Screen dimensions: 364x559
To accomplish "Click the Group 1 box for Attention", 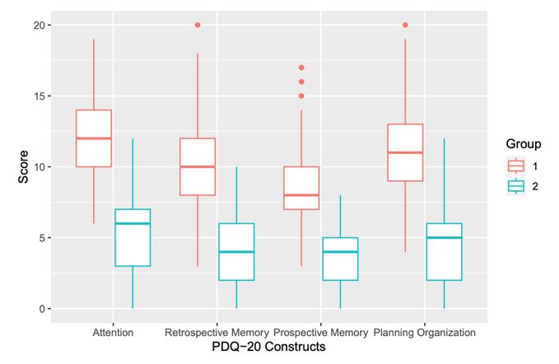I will (x=93, y=138).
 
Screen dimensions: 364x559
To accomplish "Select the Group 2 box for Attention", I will (x=132, y=237).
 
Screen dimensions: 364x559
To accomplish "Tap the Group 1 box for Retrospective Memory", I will (x=197, y=166).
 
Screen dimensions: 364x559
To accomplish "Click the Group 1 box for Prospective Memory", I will (x=300, y=188).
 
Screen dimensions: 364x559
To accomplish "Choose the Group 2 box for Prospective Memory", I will (x=340, y=259).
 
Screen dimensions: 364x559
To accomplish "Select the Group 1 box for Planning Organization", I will (x=405, y=152).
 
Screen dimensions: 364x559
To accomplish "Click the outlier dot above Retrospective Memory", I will (x=197, y=25).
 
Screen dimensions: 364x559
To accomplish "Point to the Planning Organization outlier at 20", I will (x=405, y=25).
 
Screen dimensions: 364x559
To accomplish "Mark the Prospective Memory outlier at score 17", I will (x=300, y=68).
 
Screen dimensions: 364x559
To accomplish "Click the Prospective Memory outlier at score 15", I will (x=300, y=96).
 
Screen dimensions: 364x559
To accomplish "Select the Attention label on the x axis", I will (x=113, y=334).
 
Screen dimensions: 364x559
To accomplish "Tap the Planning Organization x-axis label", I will (x=424, y=334).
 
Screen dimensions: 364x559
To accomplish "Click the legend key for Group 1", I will (x=515, y=166).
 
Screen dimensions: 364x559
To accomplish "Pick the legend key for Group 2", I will (x=515, y=187).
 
